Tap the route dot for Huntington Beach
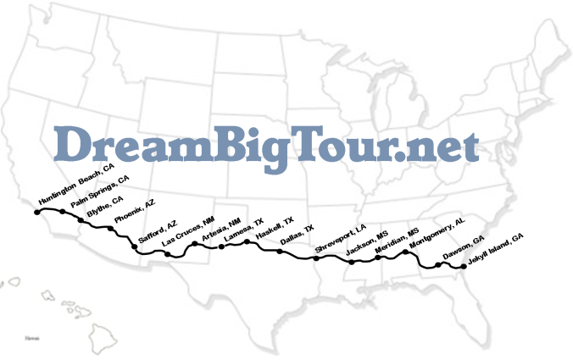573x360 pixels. pyautogui.click(x=36, y=212)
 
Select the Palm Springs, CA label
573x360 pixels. pyautogui.click(x=100, y=191)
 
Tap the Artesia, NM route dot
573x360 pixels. pyautogui.click(x=194, y=244)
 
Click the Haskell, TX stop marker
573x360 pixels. pyautogui.click(x=248, y=242)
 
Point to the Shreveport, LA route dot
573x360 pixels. pyautogui.click(x=315, y=258)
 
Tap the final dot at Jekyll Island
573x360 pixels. pyautogui.click(x=463, y=268)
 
